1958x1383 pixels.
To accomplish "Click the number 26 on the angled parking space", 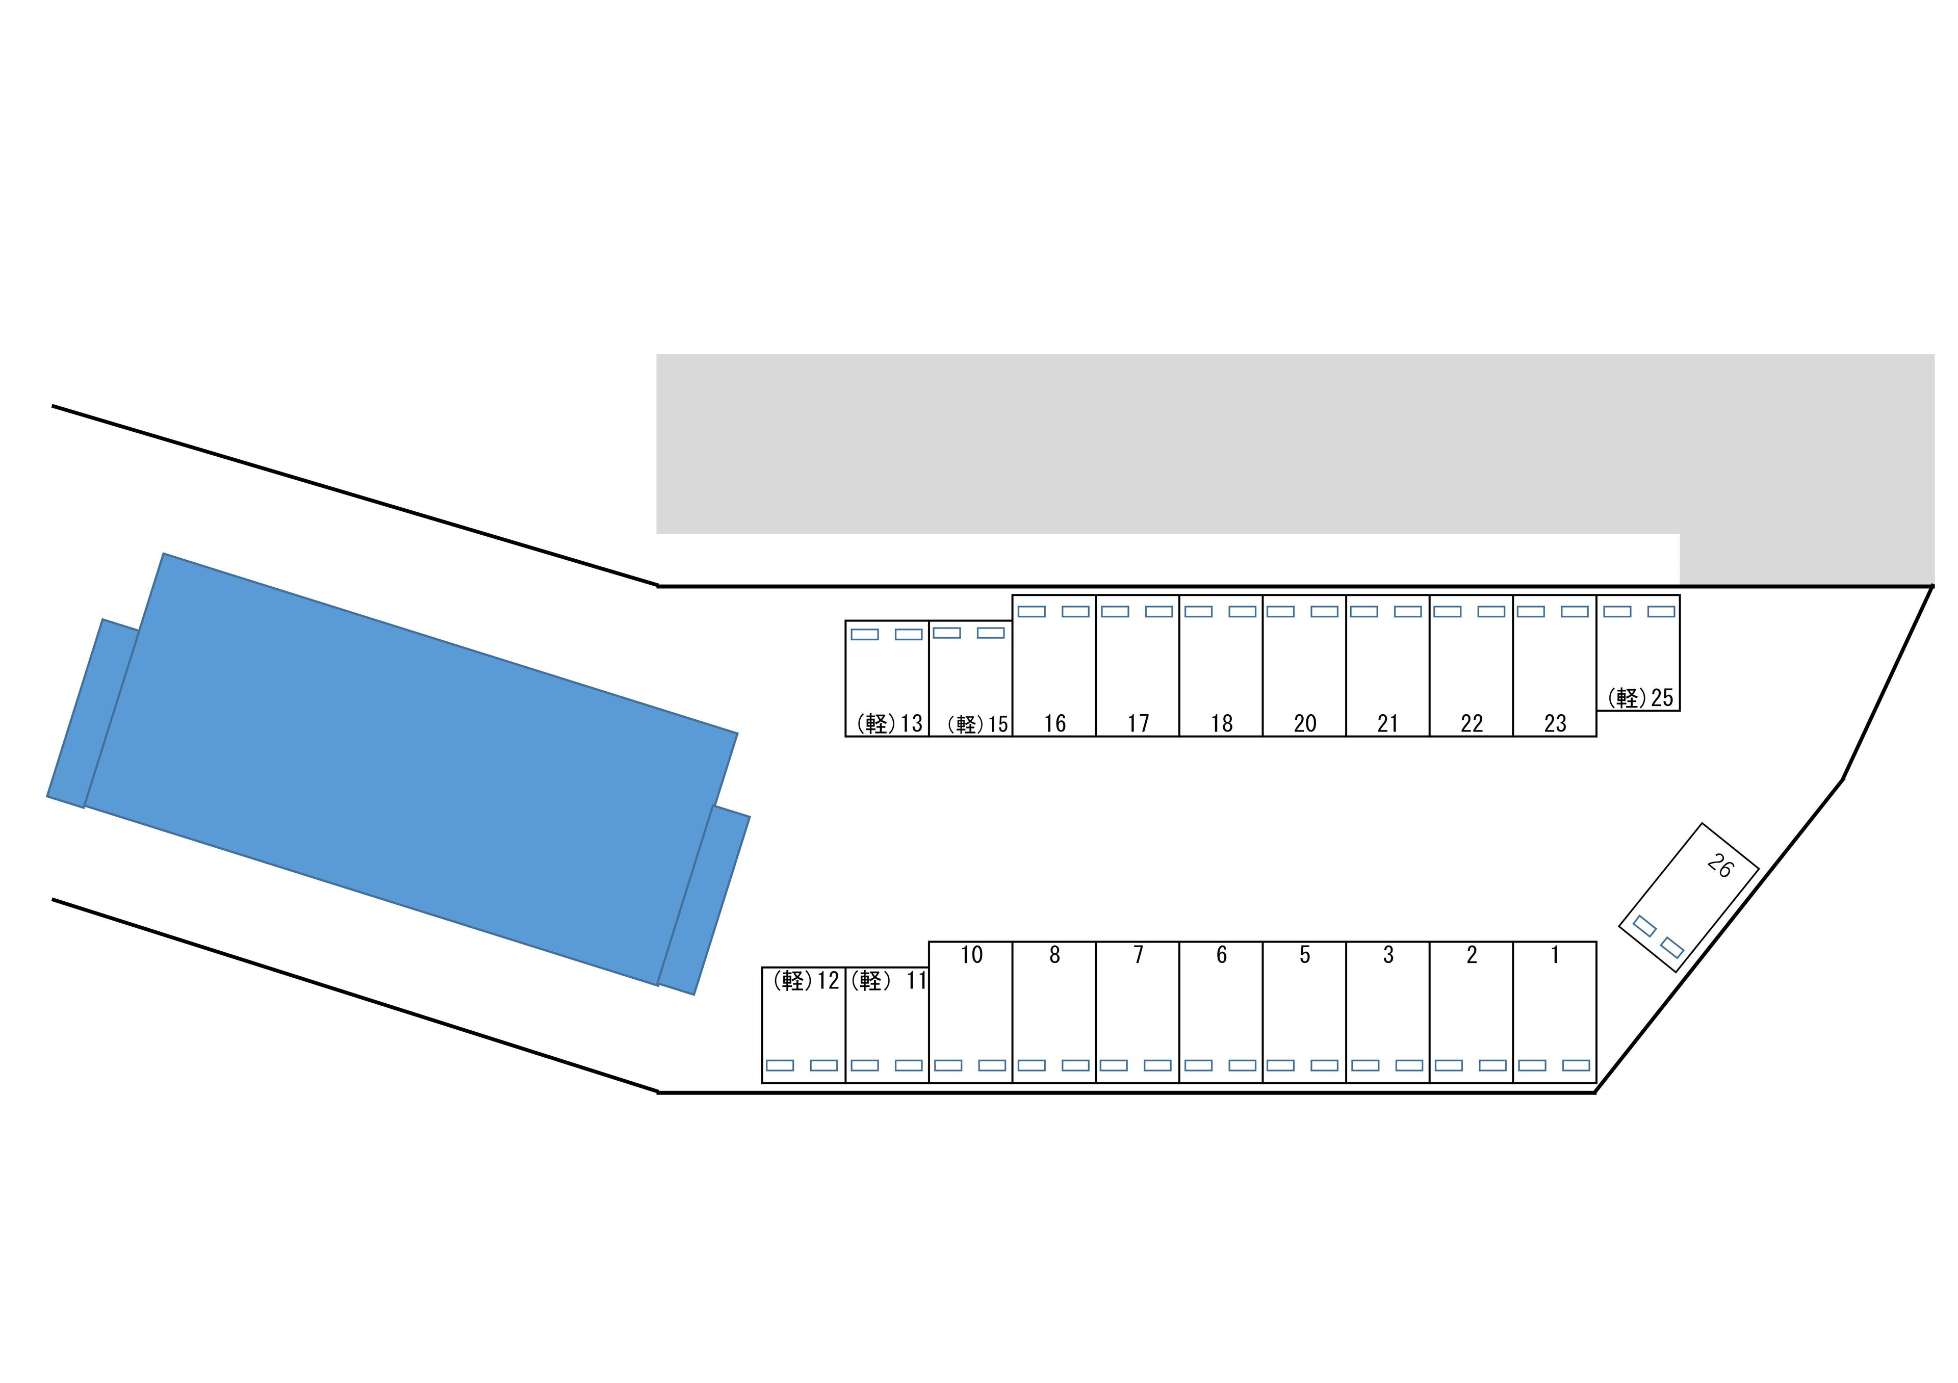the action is (1720, 866).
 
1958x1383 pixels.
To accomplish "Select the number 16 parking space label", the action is (1055, 723).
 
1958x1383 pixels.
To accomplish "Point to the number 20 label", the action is (1305, 723).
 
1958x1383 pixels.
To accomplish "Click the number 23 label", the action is (1556, 723).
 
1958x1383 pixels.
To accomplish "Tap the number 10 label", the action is (971, 955).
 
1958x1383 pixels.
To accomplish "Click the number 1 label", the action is (1555, 955).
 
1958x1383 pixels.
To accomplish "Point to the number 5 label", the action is (1305, 955).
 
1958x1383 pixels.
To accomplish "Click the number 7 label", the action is (1138, 955).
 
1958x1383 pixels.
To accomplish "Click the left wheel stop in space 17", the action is (1115, 611).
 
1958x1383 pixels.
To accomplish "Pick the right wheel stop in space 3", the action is (1409, 1065).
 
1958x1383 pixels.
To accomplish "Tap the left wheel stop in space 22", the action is (1447, 611).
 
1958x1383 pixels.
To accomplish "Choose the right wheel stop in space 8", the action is (1075, 1065).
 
